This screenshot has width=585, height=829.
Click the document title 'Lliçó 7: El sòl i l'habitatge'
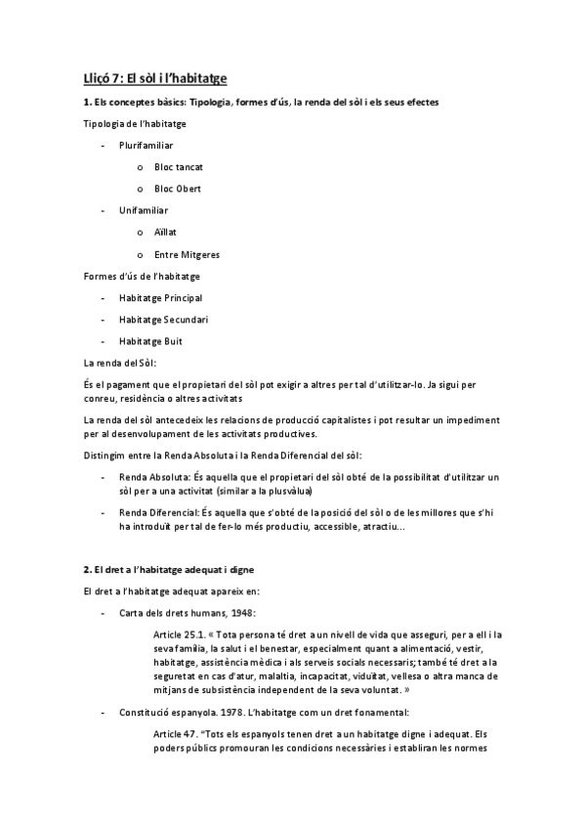pyautogui.click(x=155, y=77)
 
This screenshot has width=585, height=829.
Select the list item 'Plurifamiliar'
pyautogui.click(x=146, y=145)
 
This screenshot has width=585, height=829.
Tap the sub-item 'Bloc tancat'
pyautogui.click(x=179, y=166)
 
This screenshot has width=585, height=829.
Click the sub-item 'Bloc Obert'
pyautogui.click(x=178, y=189)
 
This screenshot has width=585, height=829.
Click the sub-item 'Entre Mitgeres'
pyautogui.click(x=187, y=254)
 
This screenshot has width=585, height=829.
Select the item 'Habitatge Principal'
pyautogui.click(x=160, y=297)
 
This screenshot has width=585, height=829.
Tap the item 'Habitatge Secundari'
pyautogui.click(x=163, y=319)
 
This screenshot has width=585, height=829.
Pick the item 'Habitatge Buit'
pyautogui.click(x=150, y=341)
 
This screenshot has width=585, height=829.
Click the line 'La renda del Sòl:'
pyautogui.click(x=120, y=363)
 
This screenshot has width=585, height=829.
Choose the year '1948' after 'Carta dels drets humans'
pyautogui.click(x=240, y=613)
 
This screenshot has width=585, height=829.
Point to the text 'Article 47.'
pyautogui.click(x=175, y=733)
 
